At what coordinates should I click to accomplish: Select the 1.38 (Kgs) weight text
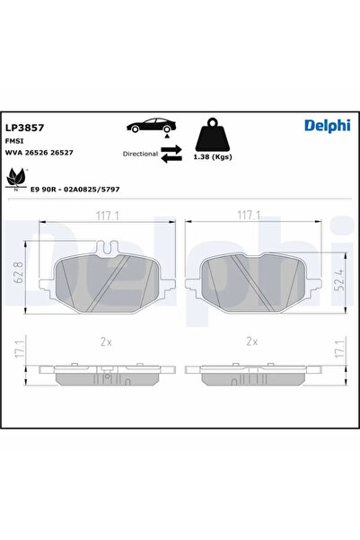(214, 157)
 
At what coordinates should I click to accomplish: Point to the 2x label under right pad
(251, 341)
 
